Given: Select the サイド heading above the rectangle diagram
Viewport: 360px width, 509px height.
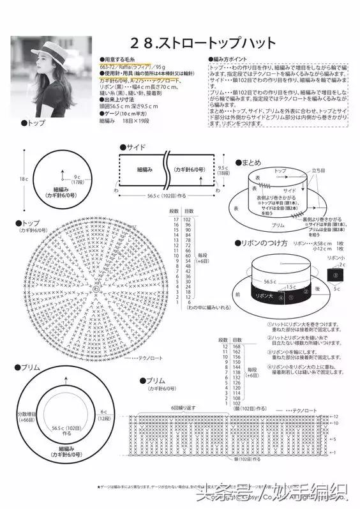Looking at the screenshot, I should (135, 147).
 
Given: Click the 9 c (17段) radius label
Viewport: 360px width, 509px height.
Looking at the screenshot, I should (79, 179).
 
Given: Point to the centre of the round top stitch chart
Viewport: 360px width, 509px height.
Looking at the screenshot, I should (96, 289).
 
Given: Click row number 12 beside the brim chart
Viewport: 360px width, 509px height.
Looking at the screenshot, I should (336, 416).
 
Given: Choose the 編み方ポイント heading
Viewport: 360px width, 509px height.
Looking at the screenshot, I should (229, 59).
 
